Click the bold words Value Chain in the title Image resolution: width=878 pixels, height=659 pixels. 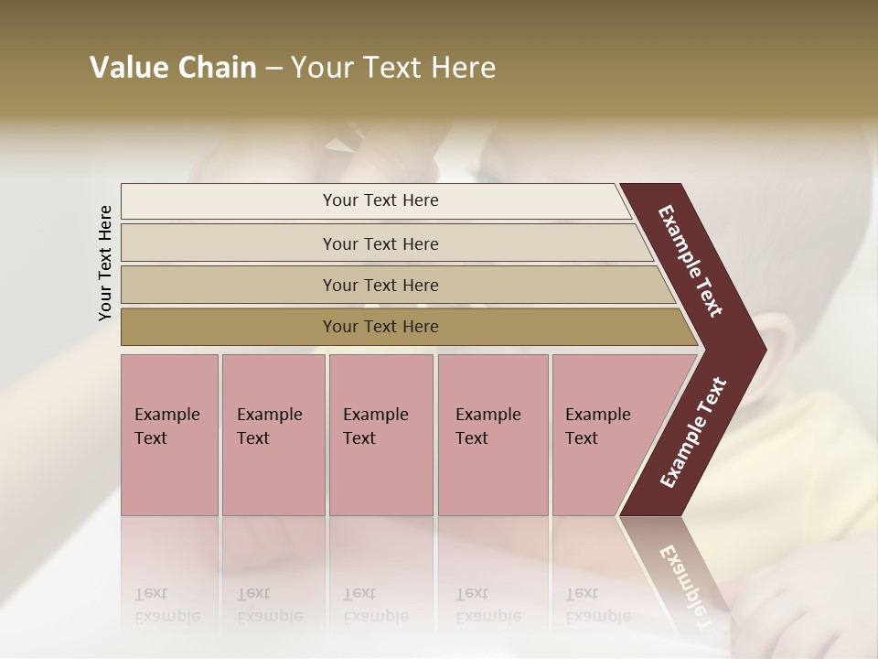[x=173, y=68]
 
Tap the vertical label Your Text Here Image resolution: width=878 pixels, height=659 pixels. [x=105, y=263]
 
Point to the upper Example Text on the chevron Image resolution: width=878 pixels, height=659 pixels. [x=691, y=261]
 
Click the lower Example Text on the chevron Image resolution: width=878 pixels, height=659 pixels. [x=692, y=433]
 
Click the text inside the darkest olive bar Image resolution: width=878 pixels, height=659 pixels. [x=380, y=327]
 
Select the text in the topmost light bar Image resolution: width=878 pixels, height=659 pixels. [x=380, y=200]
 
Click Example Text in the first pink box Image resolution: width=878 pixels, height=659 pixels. [x=166, y=427]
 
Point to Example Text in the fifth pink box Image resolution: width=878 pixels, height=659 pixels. [x=597, y=427]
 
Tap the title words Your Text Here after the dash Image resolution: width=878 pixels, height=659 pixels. [x=393, y=68]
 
